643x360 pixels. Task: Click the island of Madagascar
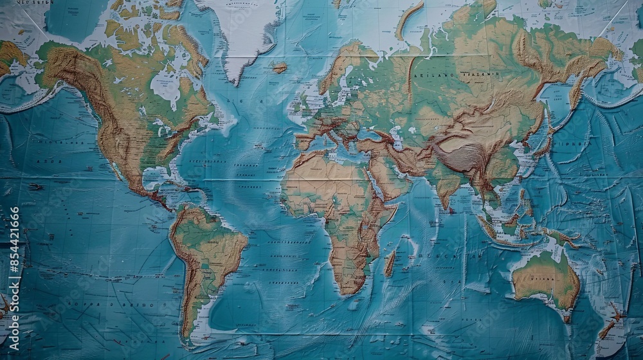click(390, 264)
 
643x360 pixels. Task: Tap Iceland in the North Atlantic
click(279, 67)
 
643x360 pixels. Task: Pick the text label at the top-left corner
click(22, 3)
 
